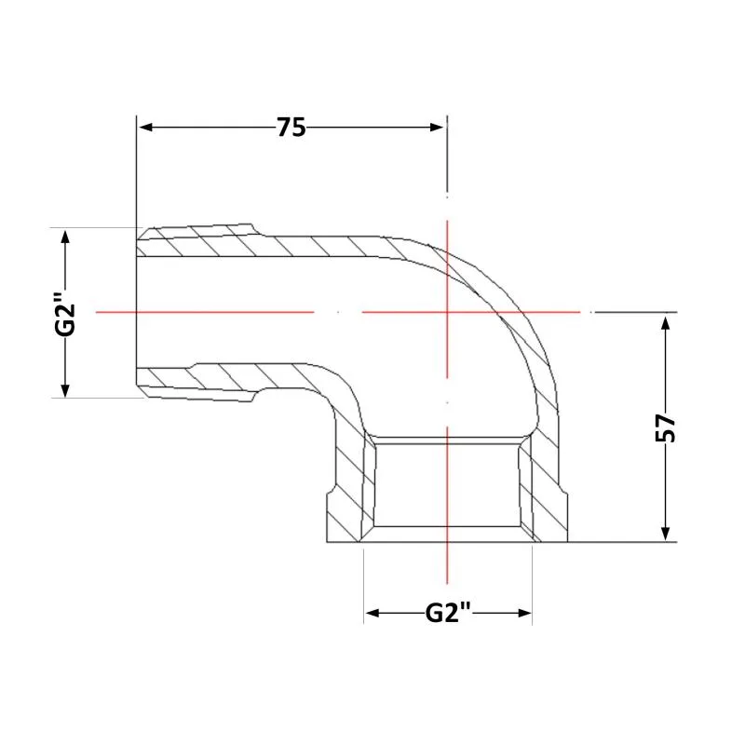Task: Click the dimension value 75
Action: coord(291,128)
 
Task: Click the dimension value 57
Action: coord(665,427)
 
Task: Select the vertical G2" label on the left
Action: coord(65,315)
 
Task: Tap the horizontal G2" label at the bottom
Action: coord(448,613)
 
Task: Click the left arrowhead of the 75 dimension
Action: coord(145,128)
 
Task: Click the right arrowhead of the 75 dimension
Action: coord(437,128)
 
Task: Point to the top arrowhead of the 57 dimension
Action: coord(666,323)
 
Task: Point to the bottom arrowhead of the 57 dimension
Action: coord(666,534)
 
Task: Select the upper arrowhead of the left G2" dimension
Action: coord(65,237)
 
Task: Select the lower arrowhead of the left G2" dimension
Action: coord(65,389)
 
